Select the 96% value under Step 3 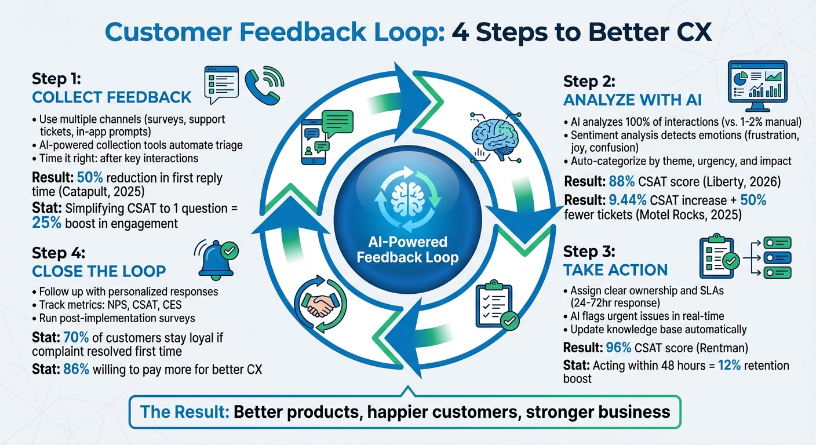[615, 348]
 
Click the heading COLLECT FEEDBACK [112, 97]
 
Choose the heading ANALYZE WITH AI [632, 100]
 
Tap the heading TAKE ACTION [615, 269]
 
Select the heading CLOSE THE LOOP [99, 271]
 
